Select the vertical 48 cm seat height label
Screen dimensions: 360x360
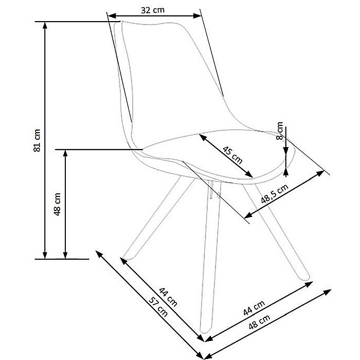pyautogui.click(x=57, y=205)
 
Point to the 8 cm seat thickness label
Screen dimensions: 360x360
pyautogui.click(x=279, y=131)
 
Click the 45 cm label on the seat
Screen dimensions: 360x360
pyautogui.click(x=232, y=154)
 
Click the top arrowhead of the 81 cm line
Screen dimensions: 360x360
pyautogui.click(x=46, y=25)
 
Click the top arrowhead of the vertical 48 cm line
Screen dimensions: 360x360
pyautogui.click(x=65, y=153)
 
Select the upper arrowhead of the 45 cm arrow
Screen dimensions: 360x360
pyautogui.click(x=202, y=137)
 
